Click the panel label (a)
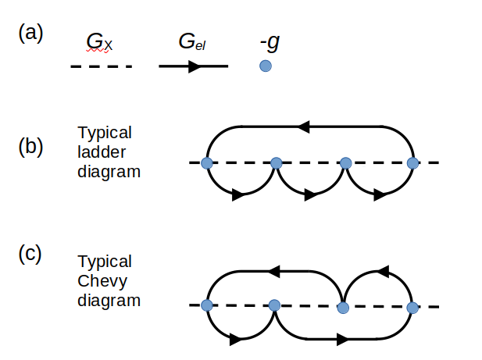(31, 34)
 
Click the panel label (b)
(31, 147)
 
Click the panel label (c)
(31, 255)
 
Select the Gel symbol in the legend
(191, 42)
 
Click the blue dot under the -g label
(266, 66)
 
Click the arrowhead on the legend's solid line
(195, 66)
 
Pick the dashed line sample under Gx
(102, 66)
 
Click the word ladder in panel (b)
(99, 151)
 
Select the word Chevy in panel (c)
(99, 280)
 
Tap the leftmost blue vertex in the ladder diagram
(206, 163)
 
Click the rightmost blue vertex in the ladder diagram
(413, 163)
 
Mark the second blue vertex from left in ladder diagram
(276, 163)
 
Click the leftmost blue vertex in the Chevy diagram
(206, 305)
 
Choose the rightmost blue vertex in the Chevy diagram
(412, 307)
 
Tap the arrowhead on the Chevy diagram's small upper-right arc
(382, 271)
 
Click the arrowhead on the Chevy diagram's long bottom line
(341, 340)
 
